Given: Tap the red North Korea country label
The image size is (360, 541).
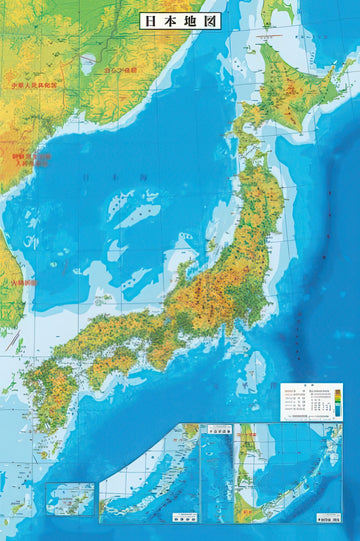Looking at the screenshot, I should (x=29, y=160).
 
